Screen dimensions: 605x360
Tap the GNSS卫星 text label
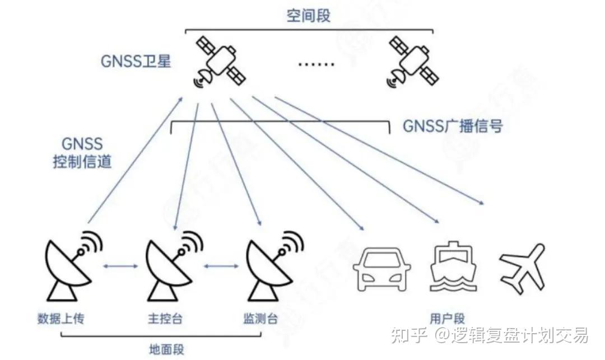[x=136, y=61]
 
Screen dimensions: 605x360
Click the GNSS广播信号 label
[x=453, y=125]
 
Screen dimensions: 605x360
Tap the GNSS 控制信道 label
[x=82, y=153]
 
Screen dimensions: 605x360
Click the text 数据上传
[x=61, y=319]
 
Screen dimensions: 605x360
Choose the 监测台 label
[x=260, y=319]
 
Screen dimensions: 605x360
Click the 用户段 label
[x=447, y=319]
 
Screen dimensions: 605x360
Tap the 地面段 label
[x=166, y=349]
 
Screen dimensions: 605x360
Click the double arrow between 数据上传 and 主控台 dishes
[x=122, y=265]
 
